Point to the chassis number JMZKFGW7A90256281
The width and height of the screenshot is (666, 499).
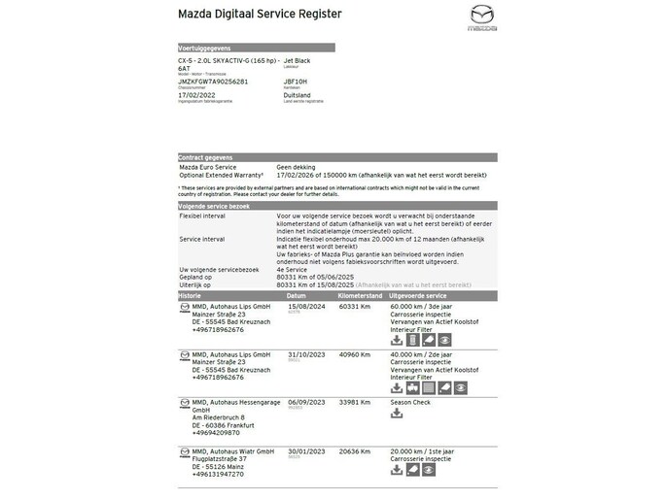[219, 83]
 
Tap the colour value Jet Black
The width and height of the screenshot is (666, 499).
[298, 59]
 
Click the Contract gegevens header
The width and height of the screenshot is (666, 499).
[205, 157]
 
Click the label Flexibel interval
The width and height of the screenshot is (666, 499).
[202, 216]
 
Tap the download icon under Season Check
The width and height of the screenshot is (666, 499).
[397, 414]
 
